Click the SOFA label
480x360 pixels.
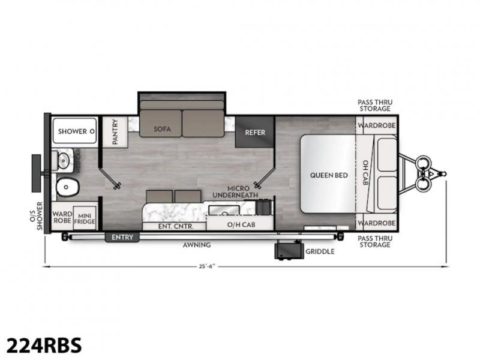pos(162,129)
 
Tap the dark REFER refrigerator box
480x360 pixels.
pos(254,132)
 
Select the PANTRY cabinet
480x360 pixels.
pos(115,132)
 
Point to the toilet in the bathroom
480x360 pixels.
pos(67,187)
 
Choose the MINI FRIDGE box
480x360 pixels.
pos(85,218)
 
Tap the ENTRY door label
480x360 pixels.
pos(122,237)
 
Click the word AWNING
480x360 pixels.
pos(197,245)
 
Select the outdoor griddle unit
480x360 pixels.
pos(289,250)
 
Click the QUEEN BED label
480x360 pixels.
pos(329,175)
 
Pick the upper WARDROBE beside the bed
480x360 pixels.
pos(377,125)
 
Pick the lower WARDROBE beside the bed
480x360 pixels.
pos(377,223)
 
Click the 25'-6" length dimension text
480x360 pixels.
pos(207,266)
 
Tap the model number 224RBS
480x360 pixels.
pos(44,346)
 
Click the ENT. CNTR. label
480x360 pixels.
pos(176,226)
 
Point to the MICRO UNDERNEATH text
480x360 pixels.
pos(235,191)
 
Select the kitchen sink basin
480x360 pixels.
pos(224,211)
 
